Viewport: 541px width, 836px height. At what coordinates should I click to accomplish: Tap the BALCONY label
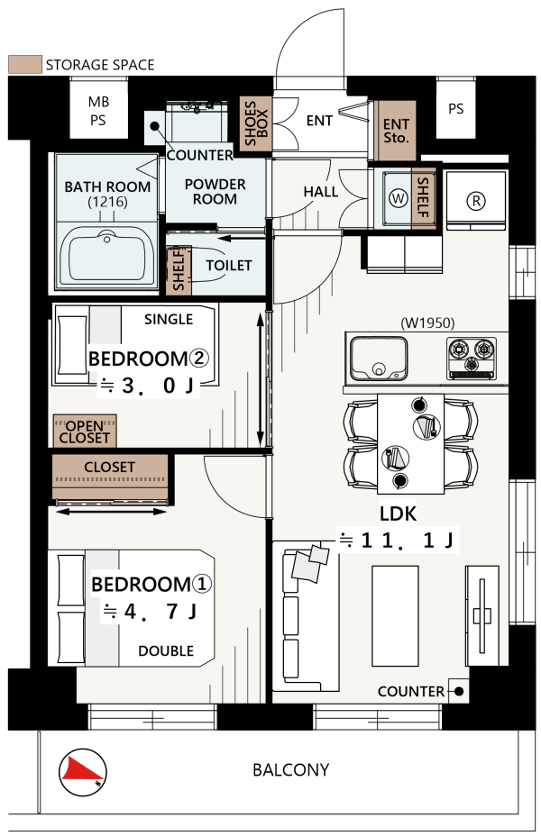[290, 770]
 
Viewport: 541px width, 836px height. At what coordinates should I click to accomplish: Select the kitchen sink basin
[379, 358]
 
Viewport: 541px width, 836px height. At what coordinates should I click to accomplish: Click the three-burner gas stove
[472, 359]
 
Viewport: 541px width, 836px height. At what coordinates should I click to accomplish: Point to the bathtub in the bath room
[108, 255]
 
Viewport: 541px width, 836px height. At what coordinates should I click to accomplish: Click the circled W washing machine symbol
[398, 198]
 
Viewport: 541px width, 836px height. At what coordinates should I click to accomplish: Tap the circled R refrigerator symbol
[476, 201]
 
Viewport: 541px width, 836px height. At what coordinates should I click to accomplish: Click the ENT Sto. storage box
[395, 131]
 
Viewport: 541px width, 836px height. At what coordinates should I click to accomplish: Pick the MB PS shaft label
[98, 111]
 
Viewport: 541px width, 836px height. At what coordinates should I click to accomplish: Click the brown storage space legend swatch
[25, 65]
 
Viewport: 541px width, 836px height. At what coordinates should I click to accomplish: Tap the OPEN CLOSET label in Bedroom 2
[85, 432]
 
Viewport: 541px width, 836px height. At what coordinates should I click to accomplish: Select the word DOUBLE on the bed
[166, 651]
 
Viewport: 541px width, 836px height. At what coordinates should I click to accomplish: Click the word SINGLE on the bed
[169, 319]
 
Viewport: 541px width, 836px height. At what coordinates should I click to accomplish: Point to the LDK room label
[398, 513]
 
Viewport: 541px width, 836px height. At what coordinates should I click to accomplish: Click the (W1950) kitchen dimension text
[427, 323]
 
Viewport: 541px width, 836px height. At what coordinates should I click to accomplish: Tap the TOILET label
[229, 265]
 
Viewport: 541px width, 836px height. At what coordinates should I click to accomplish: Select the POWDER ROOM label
[215, 191]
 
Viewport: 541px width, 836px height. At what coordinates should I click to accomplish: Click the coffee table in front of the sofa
[395, 616]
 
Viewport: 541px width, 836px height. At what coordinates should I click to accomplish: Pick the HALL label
[321, 191]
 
